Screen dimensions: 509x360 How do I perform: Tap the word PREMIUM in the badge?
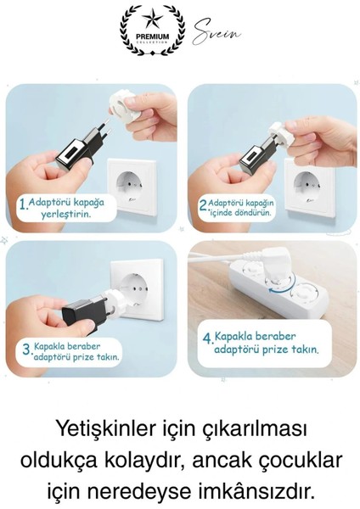(153, 36)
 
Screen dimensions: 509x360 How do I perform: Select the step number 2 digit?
(203, 205)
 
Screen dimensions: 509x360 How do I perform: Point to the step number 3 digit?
(26, 350)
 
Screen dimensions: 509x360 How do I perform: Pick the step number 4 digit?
(207, 338)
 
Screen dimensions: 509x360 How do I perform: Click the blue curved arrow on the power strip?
(275, 293)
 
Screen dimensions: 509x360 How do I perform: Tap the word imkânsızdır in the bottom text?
(256, 491)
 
